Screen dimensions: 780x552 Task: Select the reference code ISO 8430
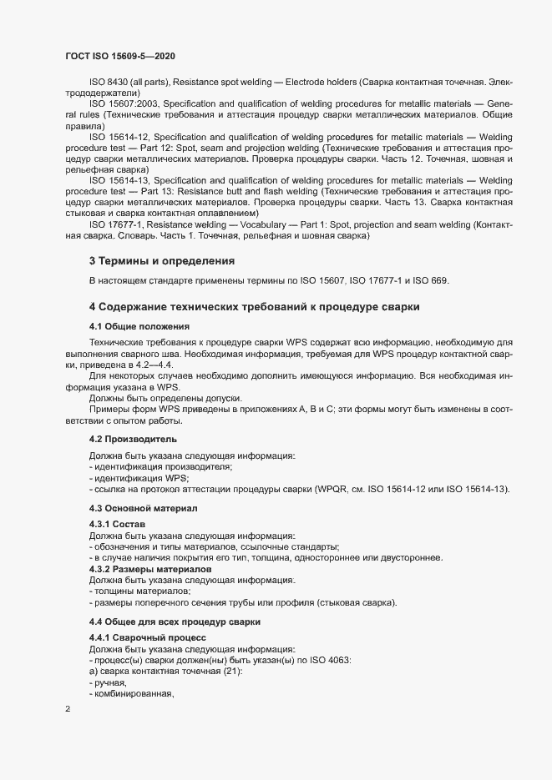[x=108, y=83]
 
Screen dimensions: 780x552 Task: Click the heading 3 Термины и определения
[x=161, y=261]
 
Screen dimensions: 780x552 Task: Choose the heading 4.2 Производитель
[x=133, y=439]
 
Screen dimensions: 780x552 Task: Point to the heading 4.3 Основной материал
[x=144, y=508]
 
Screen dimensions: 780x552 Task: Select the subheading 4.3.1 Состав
[x=118, y=523]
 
